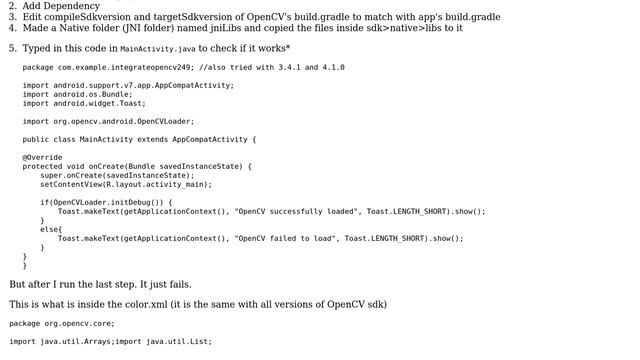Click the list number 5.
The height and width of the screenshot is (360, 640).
[12, 48]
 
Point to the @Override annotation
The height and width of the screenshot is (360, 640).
[42, 157]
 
